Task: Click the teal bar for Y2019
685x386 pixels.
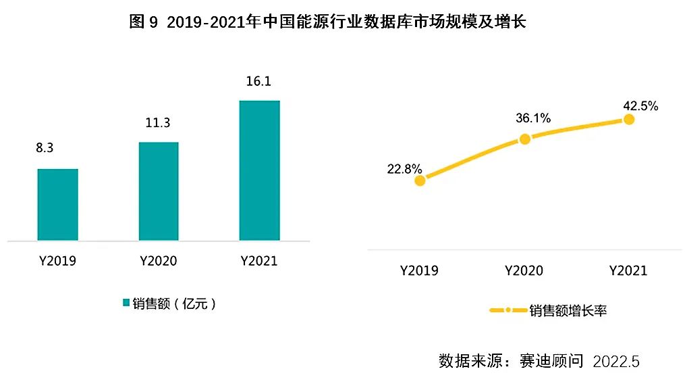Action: coord(57,204)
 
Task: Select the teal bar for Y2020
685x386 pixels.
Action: coord(159,191)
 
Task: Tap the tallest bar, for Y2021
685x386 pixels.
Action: coord(259,170)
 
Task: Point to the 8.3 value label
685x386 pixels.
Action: coord(45,148)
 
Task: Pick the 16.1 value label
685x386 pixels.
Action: coord(259,81)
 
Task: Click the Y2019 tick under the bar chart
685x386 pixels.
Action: coord(57,261)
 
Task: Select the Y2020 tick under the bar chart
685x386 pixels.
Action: coord(159,261)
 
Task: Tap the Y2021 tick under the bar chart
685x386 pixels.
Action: coord(259,261)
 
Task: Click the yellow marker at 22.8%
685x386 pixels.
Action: coord(420,180)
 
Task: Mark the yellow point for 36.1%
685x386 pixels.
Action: coord(525,139)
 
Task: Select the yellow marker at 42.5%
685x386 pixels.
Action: coord(629,119)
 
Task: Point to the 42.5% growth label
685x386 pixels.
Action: coord(640,106)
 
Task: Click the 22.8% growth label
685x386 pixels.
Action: coord(404,168)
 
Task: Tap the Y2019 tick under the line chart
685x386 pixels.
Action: coord(419,270)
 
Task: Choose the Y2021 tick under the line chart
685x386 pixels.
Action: coord(628,270)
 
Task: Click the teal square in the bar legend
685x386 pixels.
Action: coord(126,303)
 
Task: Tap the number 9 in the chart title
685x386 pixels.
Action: coord(153,22)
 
